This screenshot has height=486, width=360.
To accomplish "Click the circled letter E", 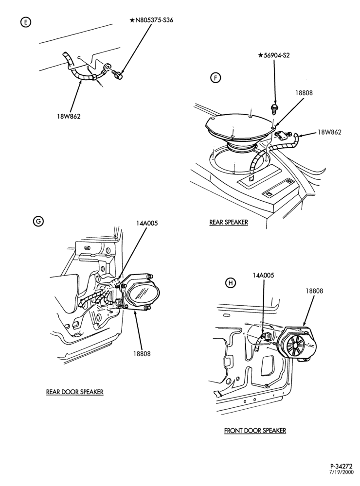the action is point(25,22).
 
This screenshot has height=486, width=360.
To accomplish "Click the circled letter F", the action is point(216,78).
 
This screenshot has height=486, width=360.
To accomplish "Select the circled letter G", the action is point(38,221).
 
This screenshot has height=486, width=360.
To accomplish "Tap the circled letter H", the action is point(231,283).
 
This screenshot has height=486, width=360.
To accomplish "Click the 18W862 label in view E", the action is point(69,117).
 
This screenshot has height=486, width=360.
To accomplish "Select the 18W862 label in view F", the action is point(329,132).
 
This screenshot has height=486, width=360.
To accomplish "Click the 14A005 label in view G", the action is point(146,223).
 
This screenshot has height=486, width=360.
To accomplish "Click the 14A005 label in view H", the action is point(264,275).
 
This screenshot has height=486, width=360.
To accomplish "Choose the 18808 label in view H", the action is point(314,291).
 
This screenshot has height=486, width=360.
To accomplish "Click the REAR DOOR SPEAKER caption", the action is point(75,392).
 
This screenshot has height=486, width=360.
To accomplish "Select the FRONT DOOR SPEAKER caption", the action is point(255,431).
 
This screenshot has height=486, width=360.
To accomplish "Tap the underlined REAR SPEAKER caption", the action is point(229,222).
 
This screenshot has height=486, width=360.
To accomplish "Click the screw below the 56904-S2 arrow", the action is point(274,108).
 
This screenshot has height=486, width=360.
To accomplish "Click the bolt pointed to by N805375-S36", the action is point(118,74).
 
